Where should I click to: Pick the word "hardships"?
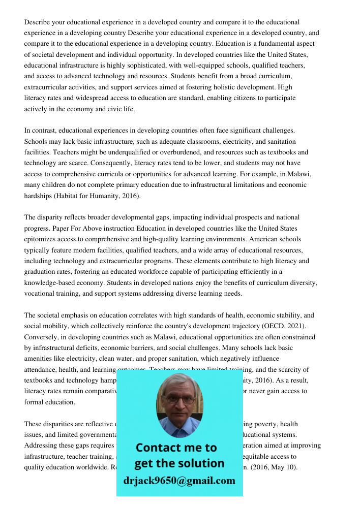38,196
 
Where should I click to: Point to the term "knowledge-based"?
49,283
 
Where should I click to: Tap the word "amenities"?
39,359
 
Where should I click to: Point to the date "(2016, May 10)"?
279,467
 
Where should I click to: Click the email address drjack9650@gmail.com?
179,481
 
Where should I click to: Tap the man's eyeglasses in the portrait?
179,400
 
